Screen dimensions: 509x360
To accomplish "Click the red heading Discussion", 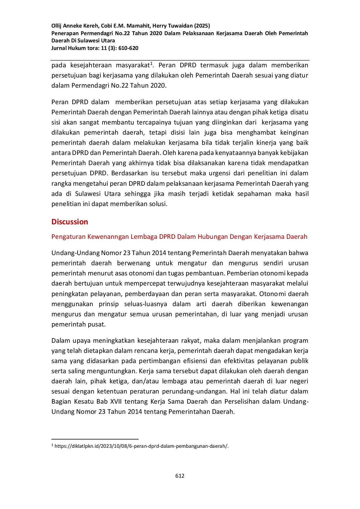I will [x=70, y=222].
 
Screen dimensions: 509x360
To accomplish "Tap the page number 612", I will [x=180, y=476].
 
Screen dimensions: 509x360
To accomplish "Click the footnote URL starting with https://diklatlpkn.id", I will [x=141, y=446].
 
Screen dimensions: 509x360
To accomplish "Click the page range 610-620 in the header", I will [x=128, y=48].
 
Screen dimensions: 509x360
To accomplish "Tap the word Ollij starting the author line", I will [x=56, y=26].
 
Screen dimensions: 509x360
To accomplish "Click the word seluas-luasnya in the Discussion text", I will [x=145, y=304].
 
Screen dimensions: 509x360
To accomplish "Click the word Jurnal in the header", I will [x=59, y=48].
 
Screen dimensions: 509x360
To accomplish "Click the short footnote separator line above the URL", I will [x=95, y=439].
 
